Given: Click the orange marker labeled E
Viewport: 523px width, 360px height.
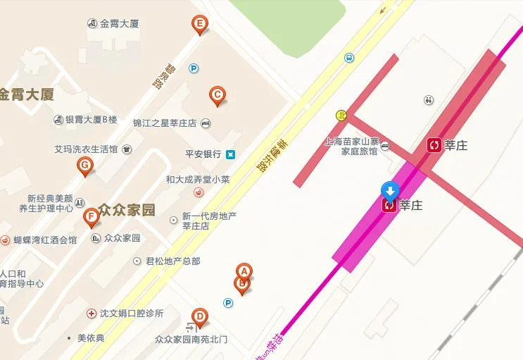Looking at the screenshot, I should point(200,25).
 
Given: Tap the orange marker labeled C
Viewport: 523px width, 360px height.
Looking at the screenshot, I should point(218,95).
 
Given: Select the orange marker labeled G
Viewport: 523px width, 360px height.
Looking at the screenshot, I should point(85,166).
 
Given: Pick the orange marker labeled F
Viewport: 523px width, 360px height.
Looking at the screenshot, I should point(90,216).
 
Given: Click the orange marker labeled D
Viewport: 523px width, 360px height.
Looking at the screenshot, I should point(200,317).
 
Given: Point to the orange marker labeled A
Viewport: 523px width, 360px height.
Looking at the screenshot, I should point(244,271).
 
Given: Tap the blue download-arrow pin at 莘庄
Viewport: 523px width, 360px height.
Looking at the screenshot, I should point(390,190).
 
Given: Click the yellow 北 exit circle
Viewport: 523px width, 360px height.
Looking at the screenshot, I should point(341,115).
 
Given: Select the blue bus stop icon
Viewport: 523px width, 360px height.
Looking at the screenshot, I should point(350,58).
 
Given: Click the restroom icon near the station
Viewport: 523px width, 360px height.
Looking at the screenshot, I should point(429,100).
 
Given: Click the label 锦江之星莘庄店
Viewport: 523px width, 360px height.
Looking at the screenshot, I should point(165,123).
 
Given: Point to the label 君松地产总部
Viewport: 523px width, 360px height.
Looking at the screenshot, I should point(172,261).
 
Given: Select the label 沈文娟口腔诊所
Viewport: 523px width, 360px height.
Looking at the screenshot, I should point(132,313).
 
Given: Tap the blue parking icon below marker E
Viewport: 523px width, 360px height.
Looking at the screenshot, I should point(194,68).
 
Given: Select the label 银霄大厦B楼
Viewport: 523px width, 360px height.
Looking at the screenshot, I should point(91,120).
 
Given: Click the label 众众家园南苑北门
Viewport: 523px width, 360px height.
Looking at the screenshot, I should point(191,340).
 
